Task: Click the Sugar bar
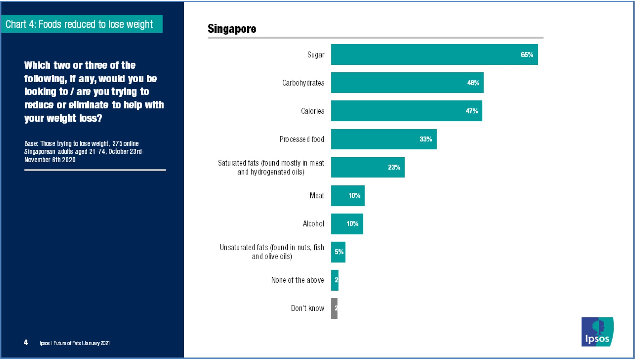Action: coord(434,54)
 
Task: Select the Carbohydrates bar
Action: coord(407,83)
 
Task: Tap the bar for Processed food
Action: coord(383,139)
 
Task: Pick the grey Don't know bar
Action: coord(334,308)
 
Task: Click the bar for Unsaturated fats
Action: coord(338,252)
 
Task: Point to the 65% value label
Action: coord(527,54)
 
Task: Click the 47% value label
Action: coord(471,111)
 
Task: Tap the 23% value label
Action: coord(394,167)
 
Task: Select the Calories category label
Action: coord(313,111)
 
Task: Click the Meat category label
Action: coord(317,195)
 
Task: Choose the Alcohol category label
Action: coord(313,224)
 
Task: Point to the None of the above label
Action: coord(298,280)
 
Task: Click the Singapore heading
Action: coord(232,28)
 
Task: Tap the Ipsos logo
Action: coord(597,332)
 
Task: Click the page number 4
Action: coord(26,342)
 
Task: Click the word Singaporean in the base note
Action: coord(40,152)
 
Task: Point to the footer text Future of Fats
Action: coord(67,343)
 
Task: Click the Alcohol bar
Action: coord(347,224)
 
